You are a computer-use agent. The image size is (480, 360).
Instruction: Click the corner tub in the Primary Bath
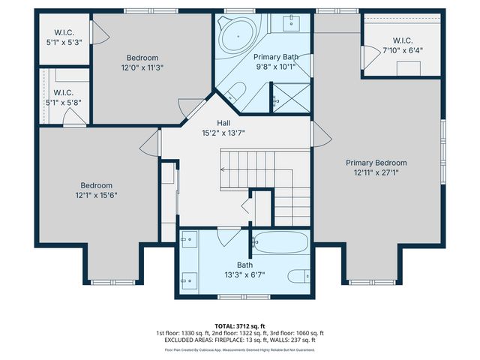pos(235,35)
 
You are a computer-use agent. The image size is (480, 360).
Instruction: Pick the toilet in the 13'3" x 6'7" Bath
pos(298,274)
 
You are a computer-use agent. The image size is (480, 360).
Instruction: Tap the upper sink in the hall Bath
pos(187,240)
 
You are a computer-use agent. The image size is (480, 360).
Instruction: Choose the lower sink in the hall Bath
pos(187,282)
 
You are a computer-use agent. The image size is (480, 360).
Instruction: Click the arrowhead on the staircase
pos(222,170)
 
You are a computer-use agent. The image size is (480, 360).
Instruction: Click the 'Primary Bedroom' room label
pos(376,163)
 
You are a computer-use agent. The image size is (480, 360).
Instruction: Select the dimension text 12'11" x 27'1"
pos(376,172)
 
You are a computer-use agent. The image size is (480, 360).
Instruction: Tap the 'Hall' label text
pos(223,123)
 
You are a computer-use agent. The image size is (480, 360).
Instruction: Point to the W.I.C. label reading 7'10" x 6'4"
pos(403,49)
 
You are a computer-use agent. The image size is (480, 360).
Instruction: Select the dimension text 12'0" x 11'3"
pos(142,67)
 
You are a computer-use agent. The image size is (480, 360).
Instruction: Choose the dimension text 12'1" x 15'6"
pos(97,195)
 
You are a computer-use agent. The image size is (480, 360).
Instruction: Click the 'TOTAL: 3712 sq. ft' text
pos(240,326)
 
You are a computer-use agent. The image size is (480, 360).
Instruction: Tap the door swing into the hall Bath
pos(228,237)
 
